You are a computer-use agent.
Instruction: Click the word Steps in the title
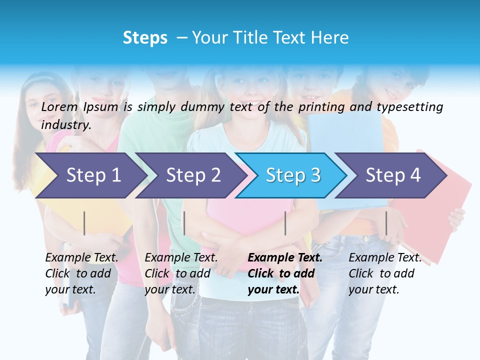(145, 38)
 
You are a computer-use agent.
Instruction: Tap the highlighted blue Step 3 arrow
(293, 175)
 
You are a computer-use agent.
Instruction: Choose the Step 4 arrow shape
(393, 175)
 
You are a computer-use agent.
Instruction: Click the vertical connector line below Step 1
(84, 223)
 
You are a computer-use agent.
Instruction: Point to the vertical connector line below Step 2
(184, 223)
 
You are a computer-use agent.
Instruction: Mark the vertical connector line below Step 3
(285, 223)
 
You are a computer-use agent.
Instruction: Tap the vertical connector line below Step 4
(386, 223)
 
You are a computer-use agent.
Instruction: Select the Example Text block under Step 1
(81, 273)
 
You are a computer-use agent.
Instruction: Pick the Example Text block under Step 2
(181, 273)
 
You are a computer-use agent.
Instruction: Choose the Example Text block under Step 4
(385, 273)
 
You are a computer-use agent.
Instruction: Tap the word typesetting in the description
(409, 107)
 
